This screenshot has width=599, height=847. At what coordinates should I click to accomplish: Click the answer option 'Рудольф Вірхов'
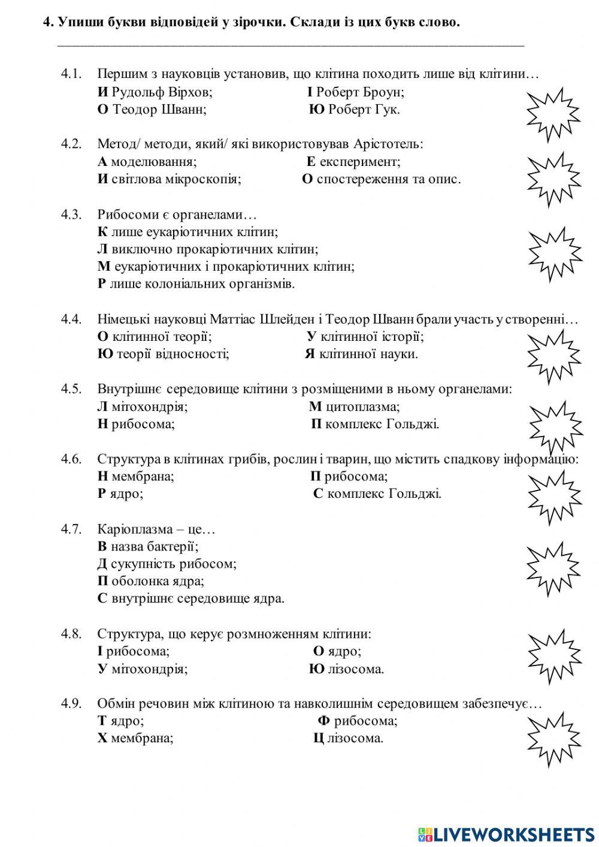pyautogui.click(x=161, y=92)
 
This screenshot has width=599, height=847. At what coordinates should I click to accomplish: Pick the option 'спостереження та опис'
pyautogui.click(x=388, y=179)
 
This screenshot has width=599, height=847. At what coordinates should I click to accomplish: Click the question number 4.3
pyautogui.click(x=71, y=214)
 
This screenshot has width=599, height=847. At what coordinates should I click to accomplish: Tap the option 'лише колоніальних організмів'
pyautogui.click(x=202, y=284)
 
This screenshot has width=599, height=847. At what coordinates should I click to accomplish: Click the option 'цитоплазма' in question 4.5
pyautogui.click(x=362, y=407)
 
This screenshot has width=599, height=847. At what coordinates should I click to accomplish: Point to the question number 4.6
pyautogui.click(x=71, y=459)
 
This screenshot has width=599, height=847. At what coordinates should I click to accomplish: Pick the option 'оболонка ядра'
pyautogui.click(x=158, y=581)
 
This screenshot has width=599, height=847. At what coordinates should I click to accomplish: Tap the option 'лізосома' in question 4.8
pyautogui.click(x=355, y=669)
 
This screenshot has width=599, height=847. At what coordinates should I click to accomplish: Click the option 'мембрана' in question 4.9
pyautogui.click(x=142, y=738)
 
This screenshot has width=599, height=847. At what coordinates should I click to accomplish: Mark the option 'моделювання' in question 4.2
pyautogui.click(x=153, y=162)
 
